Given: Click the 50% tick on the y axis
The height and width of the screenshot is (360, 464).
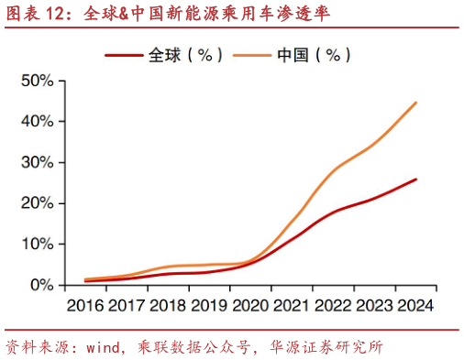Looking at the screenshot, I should click(x=37, y=81).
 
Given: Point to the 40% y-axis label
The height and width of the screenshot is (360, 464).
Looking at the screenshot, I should click(x=37, y=121).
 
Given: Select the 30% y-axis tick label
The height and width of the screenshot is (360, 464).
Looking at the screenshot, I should click(x=37, y=162).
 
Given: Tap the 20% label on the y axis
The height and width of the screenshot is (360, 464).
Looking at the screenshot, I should click(x=37, y=203).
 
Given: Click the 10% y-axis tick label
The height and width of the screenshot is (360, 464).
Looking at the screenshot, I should click(x=37, y=244).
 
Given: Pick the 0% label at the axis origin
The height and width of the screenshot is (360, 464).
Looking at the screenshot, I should click(x=41, y=285).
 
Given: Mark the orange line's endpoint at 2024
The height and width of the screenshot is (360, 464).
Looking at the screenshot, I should click(x=416, y=103).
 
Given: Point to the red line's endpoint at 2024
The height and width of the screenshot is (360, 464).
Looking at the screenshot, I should click(x=416, y=180).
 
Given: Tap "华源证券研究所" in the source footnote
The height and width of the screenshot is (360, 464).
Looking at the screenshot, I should click(x=326, y=348).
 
